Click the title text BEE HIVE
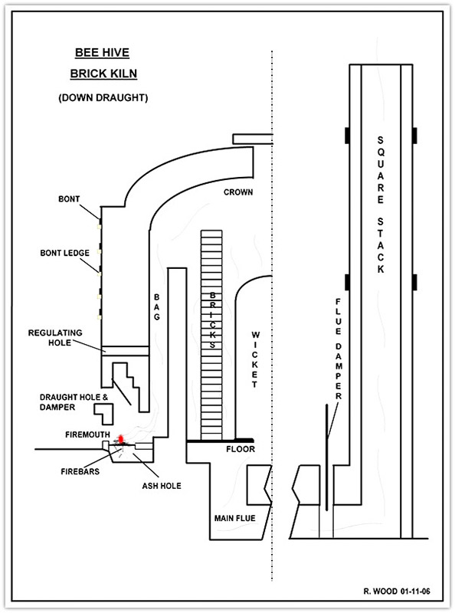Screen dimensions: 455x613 (x=102, y=53)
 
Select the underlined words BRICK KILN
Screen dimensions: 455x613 (x=103, y=74)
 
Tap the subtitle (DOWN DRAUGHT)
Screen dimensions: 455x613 (x=103, y=98)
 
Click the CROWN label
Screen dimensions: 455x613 (x=238, y=192)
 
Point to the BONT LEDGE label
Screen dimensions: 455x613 (x=65, y=253)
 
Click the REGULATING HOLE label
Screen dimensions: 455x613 (x=55, y=338)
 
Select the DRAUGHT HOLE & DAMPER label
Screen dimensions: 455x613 (x=74, y=402)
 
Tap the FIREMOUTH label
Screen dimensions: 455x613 (x=87, y=434)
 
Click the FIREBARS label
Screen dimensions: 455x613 (x=80, y=471)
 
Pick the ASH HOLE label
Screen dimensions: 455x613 (x=162, y=486)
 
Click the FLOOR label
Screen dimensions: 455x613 (x=241, y=449)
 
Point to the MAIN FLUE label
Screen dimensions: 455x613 (x=235, y=519)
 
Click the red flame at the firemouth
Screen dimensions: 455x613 (x=121, y=439)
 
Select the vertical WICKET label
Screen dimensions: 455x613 (x=255, y=359)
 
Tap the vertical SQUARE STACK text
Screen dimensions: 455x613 (x=381, y=205)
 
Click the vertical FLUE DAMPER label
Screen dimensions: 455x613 (x=339, y=349)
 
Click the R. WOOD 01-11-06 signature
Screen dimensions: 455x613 (x=397, y=591)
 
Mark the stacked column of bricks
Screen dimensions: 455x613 (x=211, y=335)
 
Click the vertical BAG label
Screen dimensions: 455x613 (x=157, y=307)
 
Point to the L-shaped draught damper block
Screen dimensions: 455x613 (x=104, y=414)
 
